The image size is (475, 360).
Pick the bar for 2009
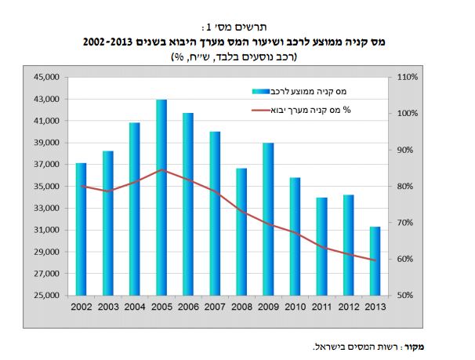click(267, 219)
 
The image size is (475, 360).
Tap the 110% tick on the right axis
click(409, 78)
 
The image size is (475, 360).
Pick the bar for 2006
click(187, 204)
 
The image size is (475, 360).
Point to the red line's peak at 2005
click(161, 169)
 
